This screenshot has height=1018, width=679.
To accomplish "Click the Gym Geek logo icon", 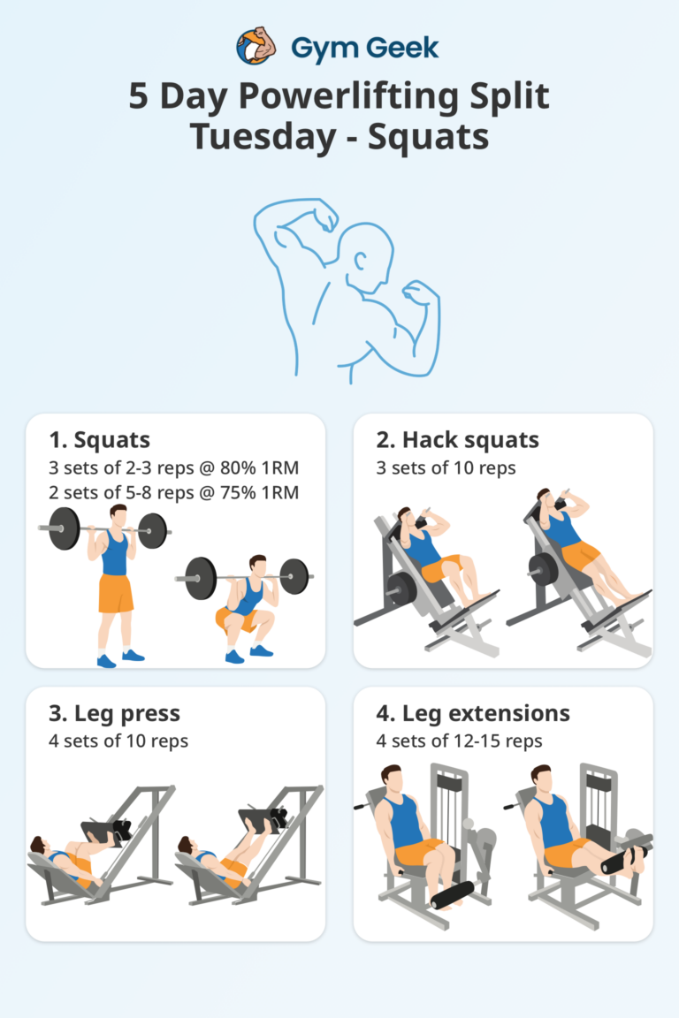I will coord(254,46).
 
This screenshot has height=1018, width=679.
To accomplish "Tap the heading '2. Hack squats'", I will coord(458,440).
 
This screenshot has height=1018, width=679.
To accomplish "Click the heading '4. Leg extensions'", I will coord(473,714).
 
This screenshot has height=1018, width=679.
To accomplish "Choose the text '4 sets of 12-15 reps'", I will coord(459,741).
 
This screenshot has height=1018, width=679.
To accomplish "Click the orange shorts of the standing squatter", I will coord(116,593).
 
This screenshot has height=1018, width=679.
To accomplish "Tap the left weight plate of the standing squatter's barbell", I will coord(64,528).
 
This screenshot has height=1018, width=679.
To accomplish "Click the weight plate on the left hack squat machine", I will coord(401,590).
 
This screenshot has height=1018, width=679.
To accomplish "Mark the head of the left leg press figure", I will coord(38,844).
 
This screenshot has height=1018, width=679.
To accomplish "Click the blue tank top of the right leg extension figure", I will coord(556,821).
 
